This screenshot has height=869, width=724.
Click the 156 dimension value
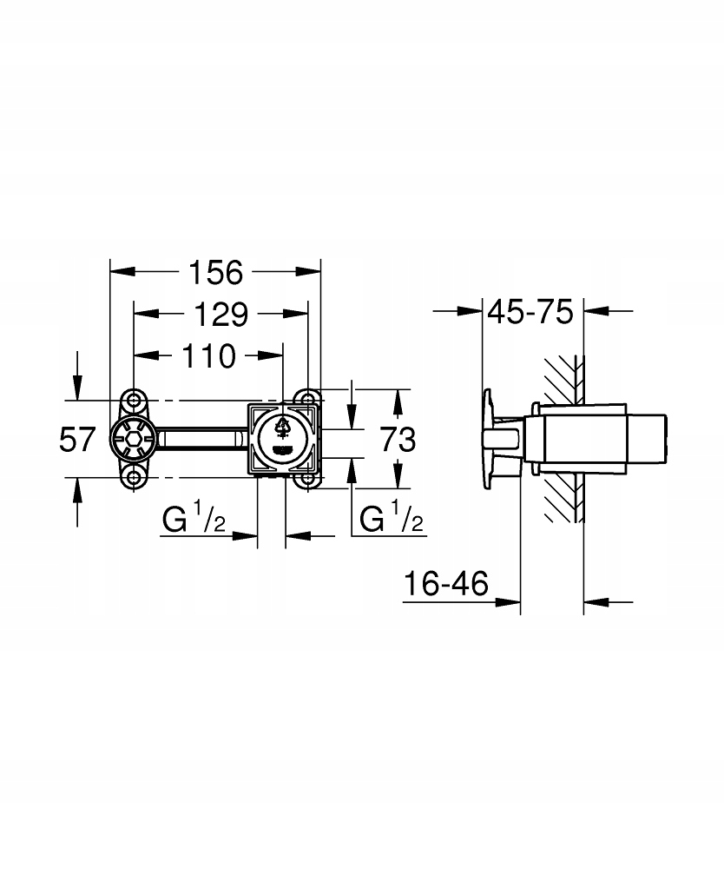pyautogui.click(x=216, y=273)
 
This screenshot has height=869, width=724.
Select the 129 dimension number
pyautogui.click(x=220, y=315)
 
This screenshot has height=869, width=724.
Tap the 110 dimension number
pyautogui.click(x=208, y=355)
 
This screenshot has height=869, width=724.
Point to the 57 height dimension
pyautogui.click(x=77, y=440)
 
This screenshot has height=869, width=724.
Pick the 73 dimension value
pyautogui.click(x=398, y=440)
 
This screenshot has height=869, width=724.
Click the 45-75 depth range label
pyautogui.click(x=530, y=312)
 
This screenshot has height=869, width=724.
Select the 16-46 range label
pyautogui.click(x=446, y=584)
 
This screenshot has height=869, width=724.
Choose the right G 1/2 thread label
pyautogui.click(x=392, y=516)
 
